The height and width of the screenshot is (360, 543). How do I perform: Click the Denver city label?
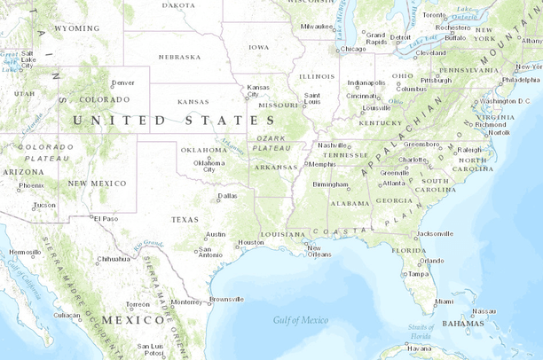coord(123,82)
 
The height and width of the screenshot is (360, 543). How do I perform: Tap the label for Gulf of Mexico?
coord(300,320)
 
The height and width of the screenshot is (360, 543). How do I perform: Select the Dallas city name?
coord(228,195)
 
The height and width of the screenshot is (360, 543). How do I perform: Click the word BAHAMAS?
coord(462,324)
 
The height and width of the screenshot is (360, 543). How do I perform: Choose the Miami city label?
coord(444,301)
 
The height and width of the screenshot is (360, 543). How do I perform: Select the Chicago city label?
coord(352,49)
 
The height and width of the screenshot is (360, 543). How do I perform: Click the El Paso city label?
coord(106,218)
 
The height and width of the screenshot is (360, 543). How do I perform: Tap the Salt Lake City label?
coord(28,59)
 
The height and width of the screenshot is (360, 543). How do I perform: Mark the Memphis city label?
coord(322,164)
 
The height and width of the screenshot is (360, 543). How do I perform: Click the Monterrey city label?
coord(186,301)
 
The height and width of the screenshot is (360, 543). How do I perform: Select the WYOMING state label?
coord(76,28)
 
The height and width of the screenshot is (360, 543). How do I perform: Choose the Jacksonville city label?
coord(435,233)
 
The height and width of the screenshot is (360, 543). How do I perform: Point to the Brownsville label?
coord(227,299)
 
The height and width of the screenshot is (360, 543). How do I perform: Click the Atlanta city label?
coord(394,183)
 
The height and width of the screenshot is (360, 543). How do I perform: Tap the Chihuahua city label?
coord(113,259)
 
